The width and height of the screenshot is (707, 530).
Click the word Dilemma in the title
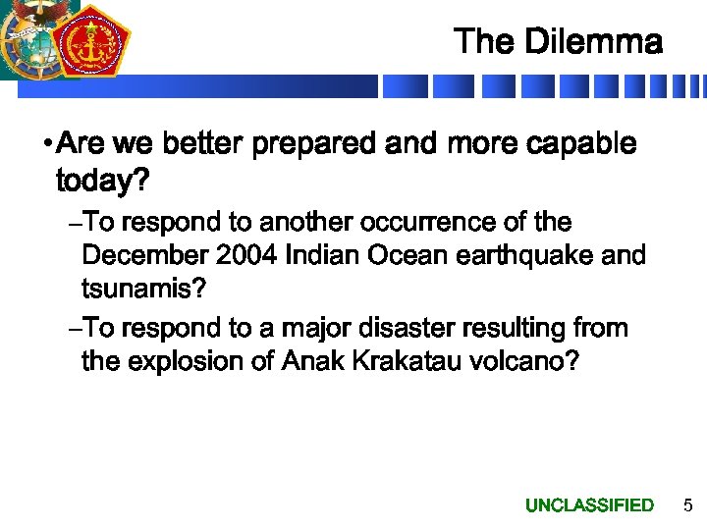click(594, 42)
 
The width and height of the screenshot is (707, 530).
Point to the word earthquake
click(526, 257)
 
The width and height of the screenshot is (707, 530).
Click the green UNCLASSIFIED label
click(589, 505)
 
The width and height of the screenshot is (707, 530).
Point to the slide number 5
click(687, 505)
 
